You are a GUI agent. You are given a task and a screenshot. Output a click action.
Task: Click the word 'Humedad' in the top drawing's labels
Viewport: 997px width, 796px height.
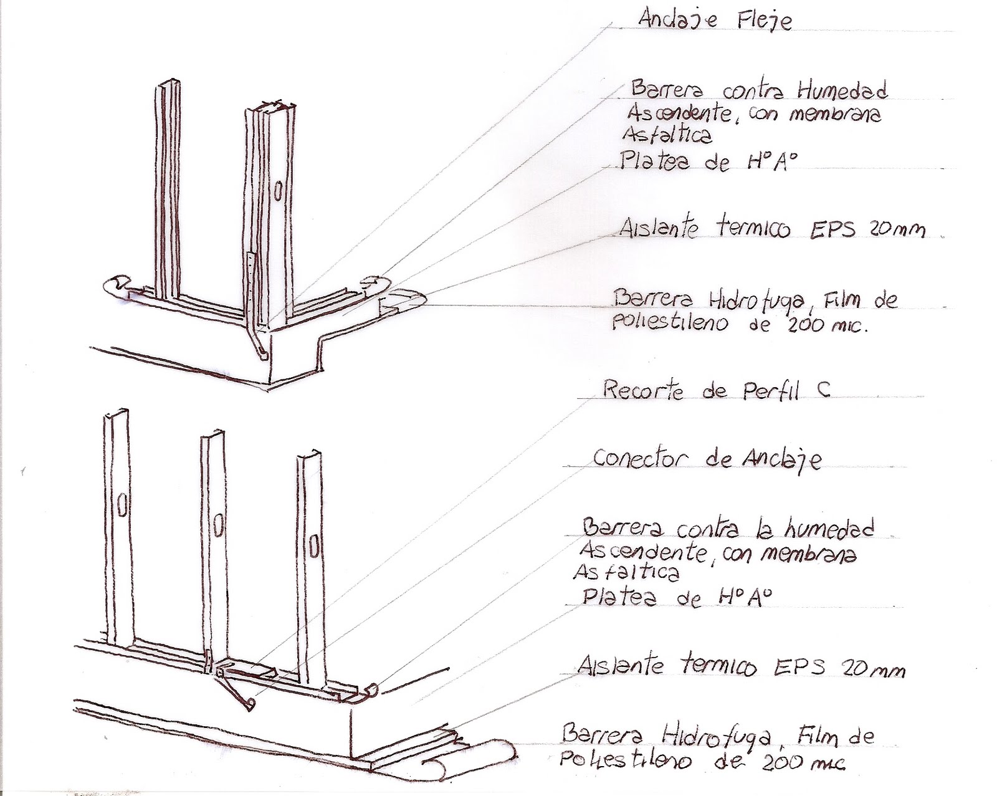click(x=842, y=91)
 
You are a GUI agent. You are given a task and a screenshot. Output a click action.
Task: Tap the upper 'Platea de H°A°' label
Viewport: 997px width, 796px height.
click(x=699, y=161)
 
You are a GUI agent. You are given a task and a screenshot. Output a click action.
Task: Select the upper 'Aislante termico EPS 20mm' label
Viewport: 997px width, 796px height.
click(x=773, y=229)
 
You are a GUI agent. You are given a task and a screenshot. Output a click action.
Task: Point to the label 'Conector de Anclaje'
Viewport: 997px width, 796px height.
click(x=707, y=459)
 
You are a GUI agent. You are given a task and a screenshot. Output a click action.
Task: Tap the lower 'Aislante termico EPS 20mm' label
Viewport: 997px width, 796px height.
click(x=742, y=667)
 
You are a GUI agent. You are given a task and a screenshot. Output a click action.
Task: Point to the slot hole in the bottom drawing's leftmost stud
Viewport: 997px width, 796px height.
click(x=122, y=502)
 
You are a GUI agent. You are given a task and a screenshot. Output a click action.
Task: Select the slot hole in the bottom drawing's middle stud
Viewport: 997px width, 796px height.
click(x=217, y=521)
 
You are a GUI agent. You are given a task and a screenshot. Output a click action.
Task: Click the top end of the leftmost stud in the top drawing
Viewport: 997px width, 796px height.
click(x=168, y=85)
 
